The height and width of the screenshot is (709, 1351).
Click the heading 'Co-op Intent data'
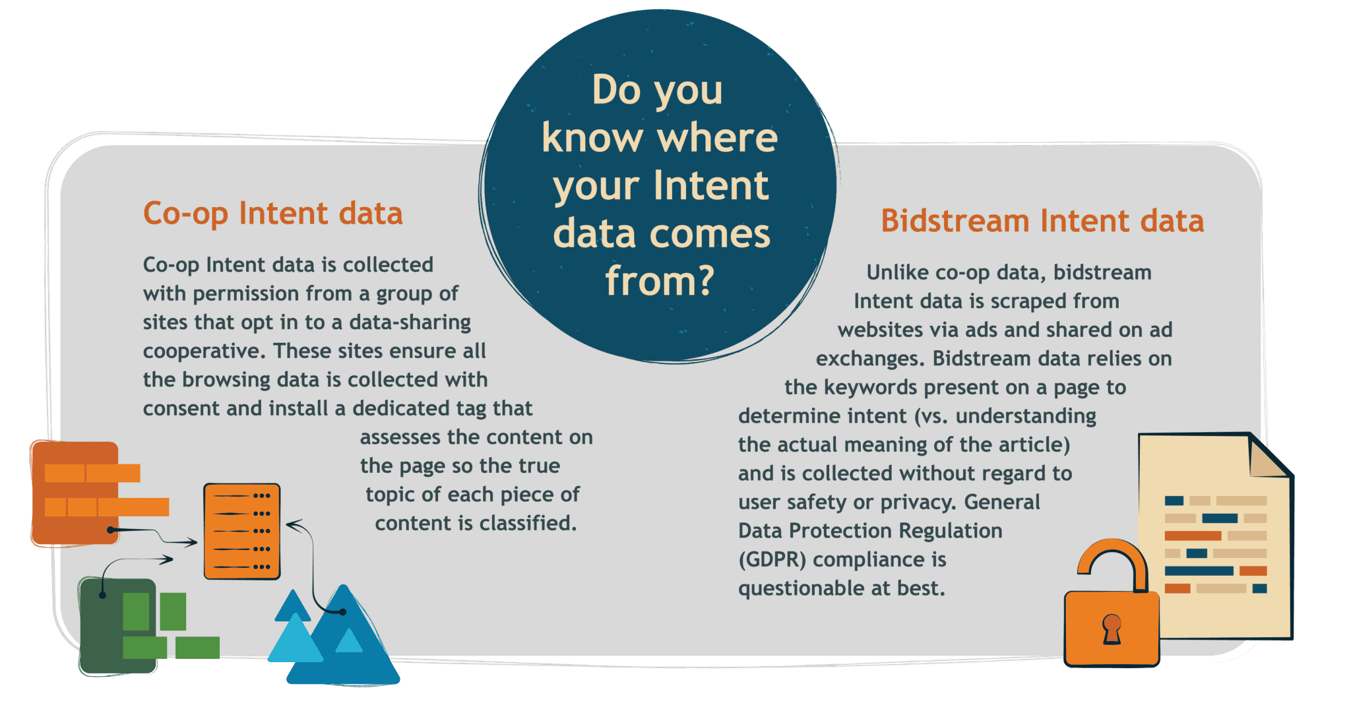272,214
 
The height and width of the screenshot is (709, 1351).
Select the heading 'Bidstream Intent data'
1042,222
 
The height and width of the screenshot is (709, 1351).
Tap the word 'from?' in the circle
660,281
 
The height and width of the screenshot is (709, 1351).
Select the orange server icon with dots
242,532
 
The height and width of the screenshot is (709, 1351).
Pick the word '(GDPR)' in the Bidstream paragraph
772,560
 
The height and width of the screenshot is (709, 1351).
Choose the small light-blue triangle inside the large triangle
348,640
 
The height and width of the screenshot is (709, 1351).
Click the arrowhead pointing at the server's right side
291,526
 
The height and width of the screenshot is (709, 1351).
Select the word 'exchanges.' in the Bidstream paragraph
871,359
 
